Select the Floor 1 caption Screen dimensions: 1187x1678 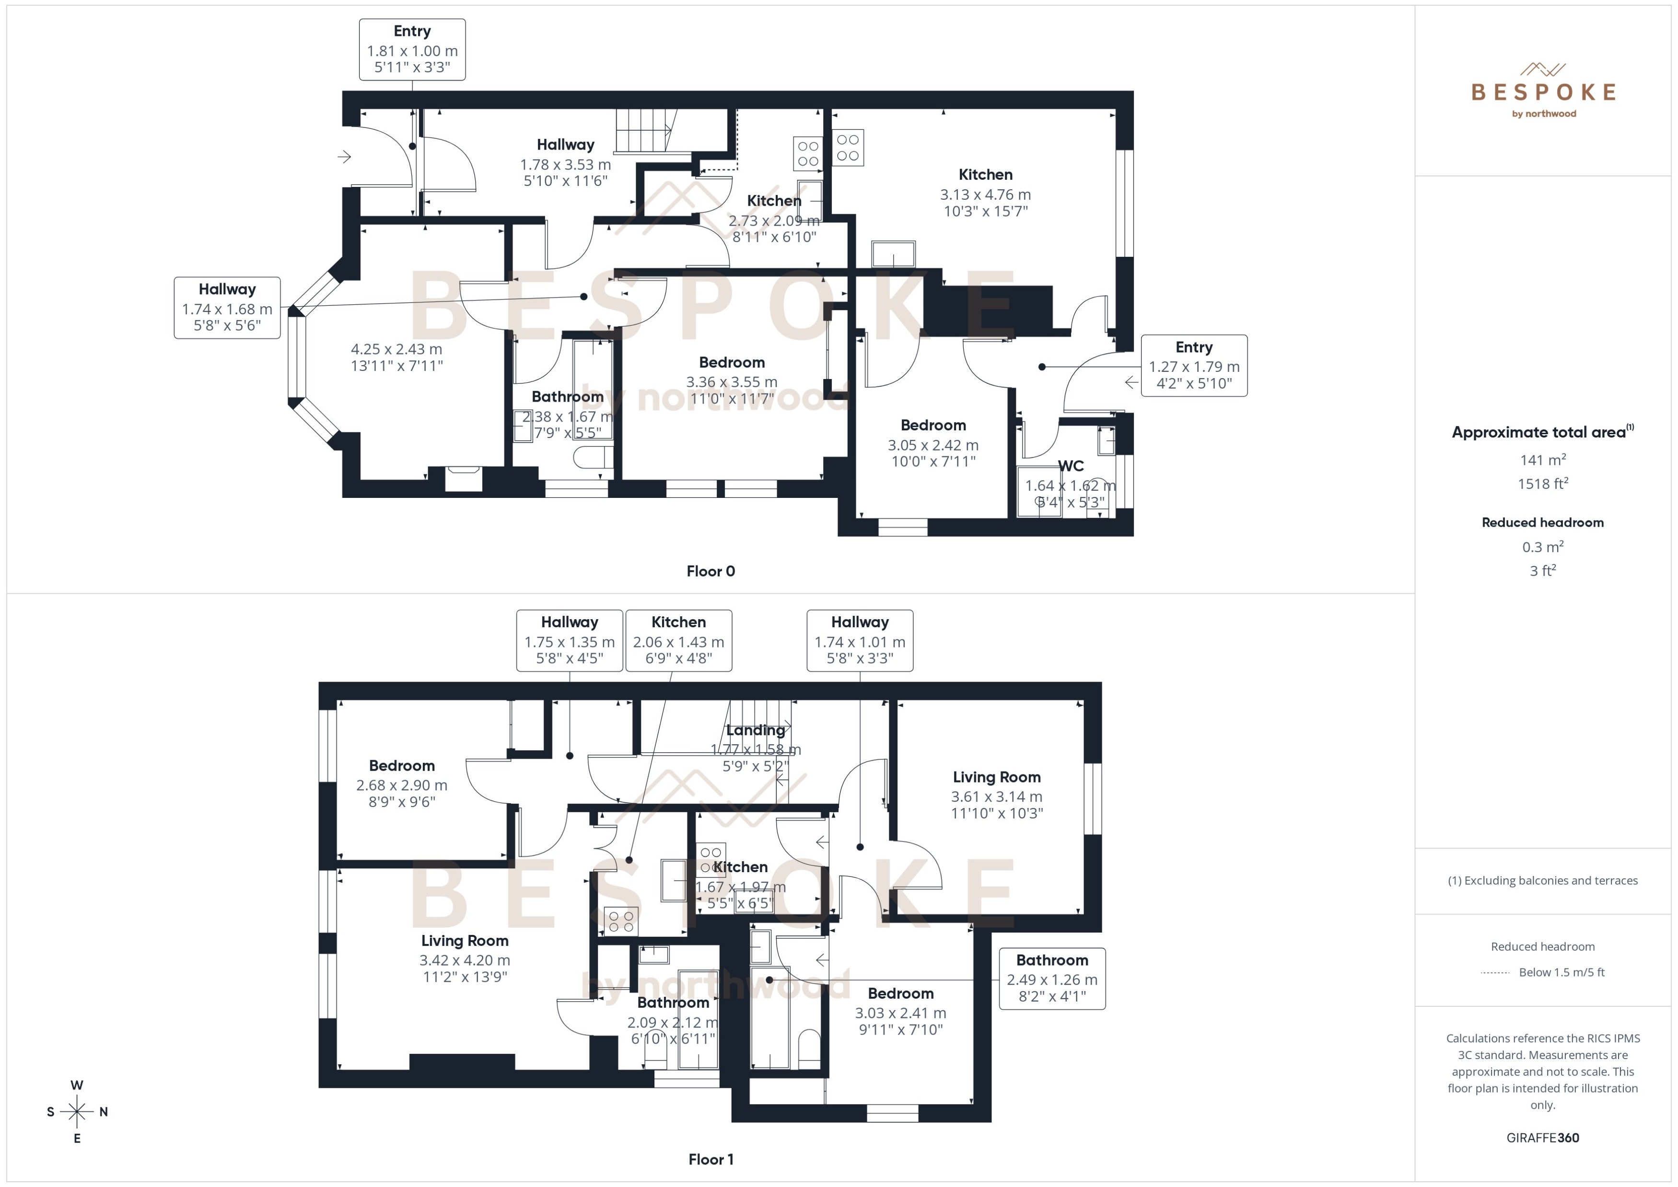coord(710,1159)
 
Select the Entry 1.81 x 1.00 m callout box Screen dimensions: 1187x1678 coord(412,49)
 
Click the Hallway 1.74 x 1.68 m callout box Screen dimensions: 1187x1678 coord(227,307)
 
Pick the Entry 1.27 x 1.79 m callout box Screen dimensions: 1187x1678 coord(1193,366)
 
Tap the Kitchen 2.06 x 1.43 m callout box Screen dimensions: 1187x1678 coord(678,640)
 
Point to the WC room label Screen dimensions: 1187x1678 coord(1071,466)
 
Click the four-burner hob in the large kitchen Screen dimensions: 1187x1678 coord(848,148)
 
